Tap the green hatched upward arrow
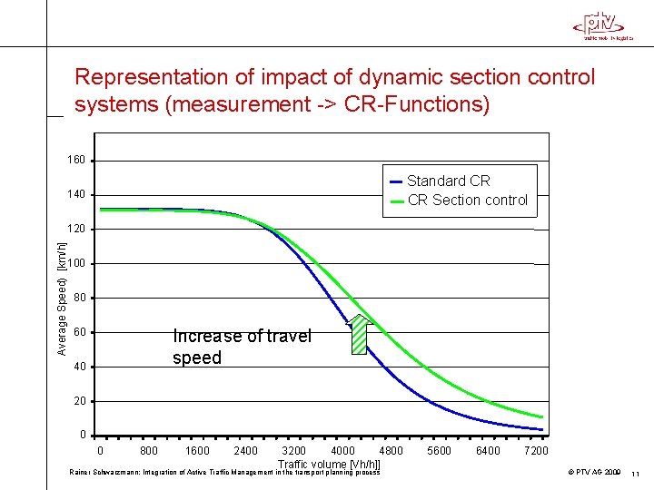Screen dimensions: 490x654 point(361,334)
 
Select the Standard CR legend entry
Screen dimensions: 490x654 point(448,181)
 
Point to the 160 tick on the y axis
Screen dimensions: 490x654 point(76,161)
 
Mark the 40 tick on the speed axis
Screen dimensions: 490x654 point(79,367)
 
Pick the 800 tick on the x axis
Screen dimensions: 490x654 point(149,451)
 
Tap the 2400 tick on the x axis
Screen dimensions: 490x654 point(245,451)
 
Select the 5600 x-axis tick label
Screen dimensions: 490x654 point(440,451)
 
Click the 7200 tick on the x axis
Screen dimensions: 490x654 point(536,451)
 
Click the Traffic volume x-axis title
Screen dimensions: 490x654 point(329,465)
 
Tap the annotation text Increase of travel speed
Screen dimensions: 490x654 point(241,347)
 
